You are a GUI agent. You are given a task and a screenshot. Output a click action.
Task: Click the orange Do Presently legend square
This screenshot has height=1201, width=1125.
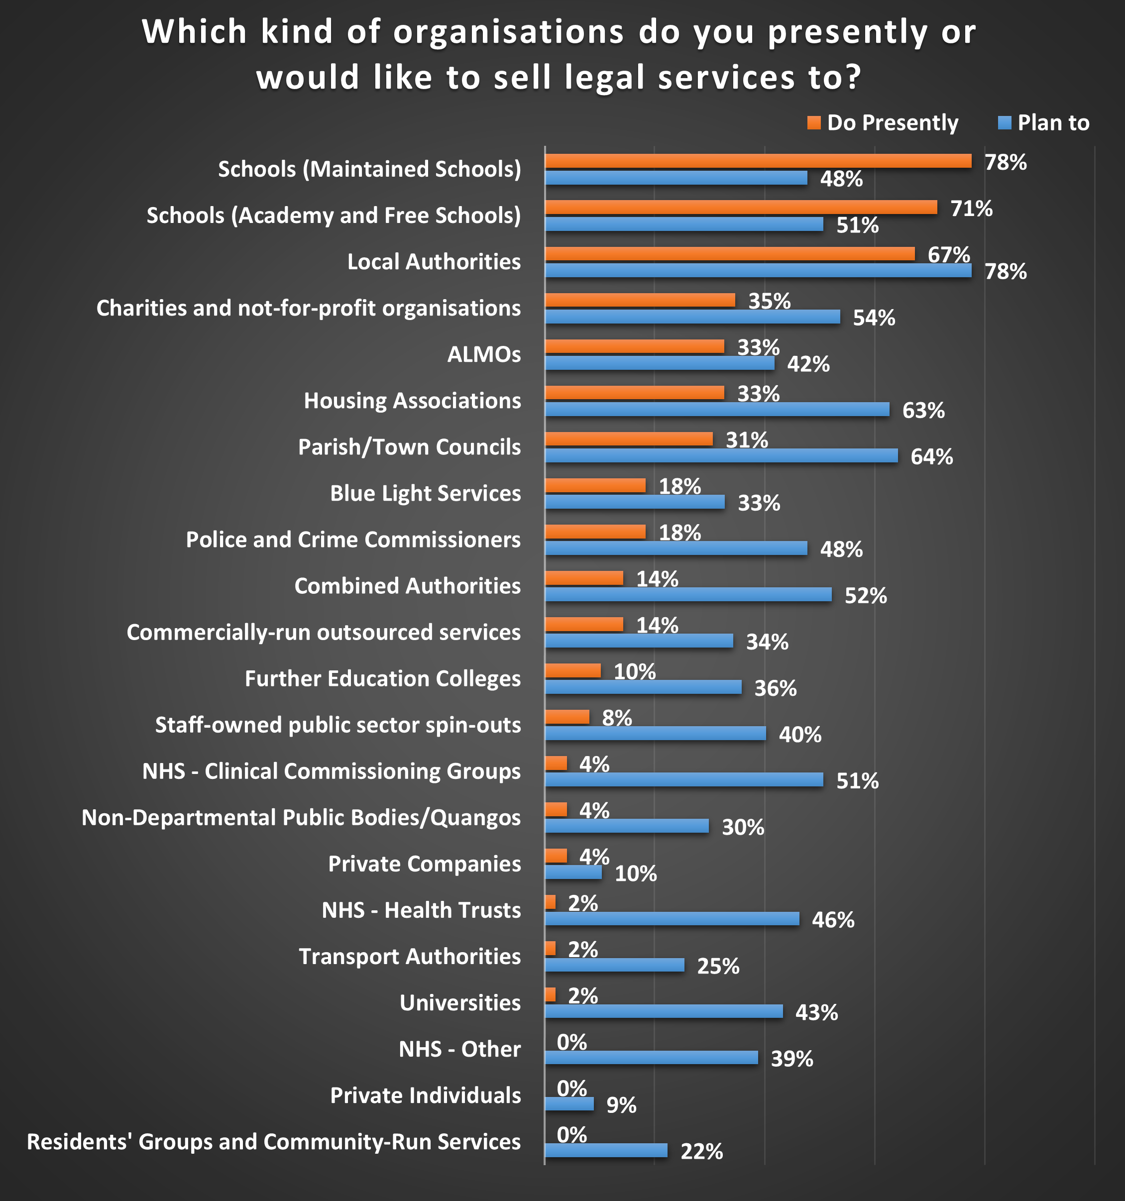tap(814, 123)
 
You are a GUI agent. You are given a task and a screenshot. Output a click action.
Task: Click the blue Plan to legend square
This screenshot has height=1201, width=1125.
tap(1004, 123)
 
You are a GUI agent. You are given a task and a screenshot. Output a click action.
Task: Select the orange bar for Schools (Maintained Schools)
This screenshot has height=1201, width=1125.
tap(758, 161)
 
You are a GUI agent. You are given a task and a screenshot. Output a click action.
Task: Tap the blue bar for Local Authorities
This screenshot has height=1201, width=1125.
tap(758, 271)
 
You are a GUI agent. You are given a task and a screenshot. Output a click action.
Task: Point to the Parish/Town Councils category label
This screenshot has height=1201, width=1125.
tap(409, 447)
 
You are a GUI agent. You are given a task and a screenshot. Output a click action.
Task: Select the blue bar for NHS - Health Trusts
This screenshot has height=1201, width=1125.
tap(672, 919)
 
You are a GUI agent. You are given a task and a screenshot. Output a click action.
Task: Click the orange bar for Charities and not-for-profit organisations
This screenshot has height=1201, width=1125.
tap(640, 300)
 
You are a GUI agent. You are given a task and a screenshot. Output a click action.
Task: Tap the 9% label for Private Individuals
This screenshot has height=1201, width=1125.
tap(621, 1105)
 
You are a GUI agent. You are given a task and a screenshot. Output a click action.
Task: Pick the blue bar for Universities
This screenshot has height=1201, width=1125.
tap(664, 1011)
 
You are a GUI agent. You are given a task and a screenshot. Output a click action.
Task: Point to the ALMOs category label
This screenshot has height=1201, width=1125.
tap(483, 354)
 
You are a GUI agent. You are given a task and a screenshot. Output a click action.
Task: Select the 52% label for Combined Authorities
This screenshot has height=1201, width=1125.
tap(865, 596)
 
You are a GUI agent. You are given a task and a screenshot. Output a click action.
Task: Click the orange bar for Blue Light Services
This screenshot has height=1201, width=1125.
tap(595, 485)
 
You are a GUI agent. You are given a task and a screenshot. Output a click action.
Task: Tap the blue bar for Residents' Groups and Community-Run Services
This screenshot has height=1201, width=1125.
tap(606, 1150)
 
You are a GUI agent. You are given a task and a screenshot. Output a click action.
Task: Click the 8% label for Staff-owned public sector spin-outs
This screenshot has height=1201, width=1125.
tap(616, 718)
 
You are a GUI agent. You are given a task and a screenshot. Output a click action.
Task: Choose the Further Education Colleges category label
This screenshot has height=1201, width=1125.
tap(382, 679)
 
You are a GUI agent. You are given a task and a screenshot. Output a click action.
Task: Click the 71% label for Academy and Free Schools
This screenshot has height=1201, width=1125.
tap(971, 209)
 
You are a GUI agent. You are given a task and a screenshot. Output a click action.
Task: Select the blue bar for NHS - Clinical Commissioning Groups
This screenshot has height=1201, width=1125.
tap(684, 780)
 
